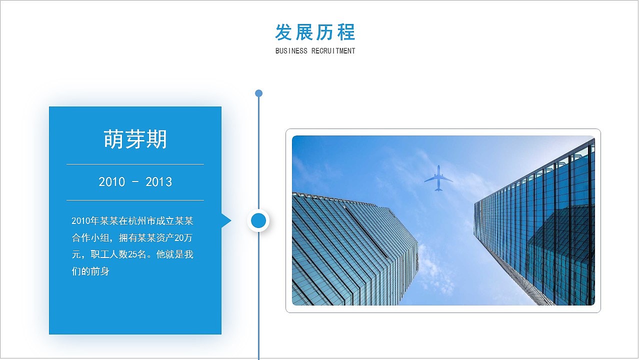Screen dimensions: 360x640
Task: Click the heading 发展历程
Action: coord(315,32)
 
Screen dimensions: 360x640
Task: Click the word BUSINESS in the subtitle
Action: coord(291,51)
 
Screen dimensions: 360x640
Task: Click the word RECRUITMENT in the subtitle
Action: coord(333,51)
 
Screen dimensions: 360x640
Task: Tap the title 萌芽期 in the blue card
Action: coord(135,139)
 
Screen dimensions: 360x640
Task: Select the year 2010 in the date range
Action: coord(111,182)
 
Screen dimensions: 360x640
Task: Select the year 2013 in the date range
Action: coord(158,182)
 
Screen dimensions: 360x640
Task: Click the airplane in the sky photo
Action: coord(438,178)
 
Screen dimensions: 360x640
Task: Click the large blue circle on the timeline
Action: coord(258,220)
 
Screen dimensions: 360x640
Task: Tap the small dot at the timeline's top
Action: coord(258,93)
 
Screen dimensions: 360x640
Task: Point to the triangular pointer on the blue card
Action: coord(225,220)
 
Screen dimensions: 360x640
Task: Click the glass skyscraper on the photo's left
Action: coord(350,250)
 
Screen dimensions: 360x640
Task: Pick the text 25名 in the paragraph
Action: coord(137,254)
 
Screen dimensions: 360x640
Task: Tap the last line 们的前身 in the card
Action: coord(90,271)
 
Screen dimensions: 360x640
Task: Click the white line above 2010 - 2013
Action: coord(135,164)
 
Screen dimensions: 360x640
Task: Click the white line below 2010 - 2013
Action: coord(135,200)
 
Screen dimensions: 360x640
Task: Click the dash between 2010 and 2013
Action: coord(135,182)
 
